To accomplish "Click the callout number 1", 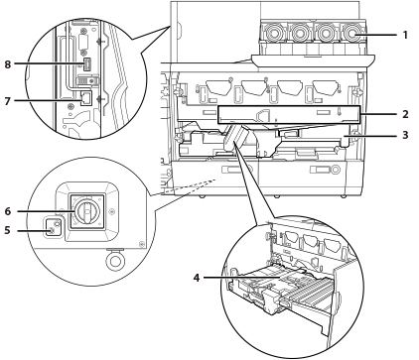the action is click(x=405, y=35).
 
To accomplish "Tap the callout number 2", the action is click(x=405, y=114).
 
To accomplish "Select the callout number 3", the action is click(x=405, y=135).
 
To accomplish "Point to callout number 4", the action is click(x=197, y=278).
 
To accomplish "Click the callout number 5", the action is click(x=7, y=230).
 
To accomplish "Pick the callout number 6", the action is click(x=7, y=211).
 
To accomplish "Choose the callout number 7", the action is click(x=7, y=100).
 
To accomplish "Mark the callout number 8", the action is click(x=7, y=64).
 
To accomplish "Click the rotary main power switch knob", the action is click(x=86, y=211).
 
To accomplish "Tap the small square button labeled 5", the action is click(x=53, y=227).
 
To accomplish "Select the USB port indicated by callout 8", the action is click(x=87, y=63).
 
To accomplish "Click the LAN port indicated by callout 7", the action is click(x=86, y=98).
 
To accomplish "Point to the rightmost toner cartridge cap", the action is click(x=352, y=33).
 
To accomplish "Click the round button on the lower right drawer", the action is click(x=336, y=170).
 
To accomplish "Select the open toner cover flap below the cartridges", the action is click(x=313, y=62).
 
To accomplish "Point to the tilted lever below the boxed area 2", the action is click(x=237, y=138).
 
